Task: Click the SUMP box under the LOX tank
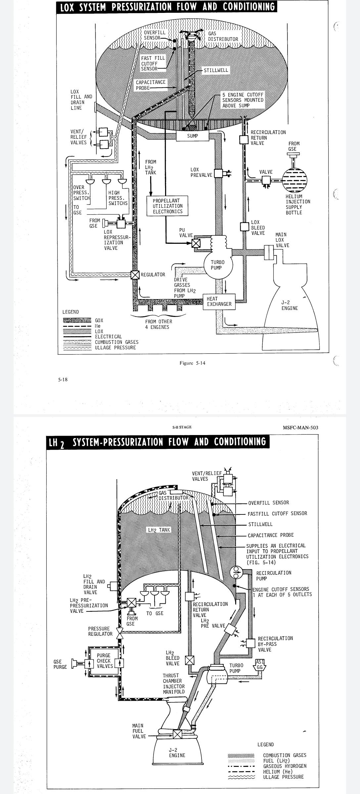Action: coord(192,136)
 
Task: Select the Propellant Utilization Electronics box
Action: coord(167,206)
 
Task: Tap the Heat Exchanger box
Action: coord(219,301)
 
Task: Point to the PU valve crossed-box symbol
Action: coord(196,243)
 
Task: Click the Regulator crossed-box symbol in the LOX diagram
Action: coord(135,275)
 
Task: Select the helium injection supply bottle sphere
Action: coord(294,180)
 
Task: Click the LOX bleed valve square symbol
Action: coord(244,227)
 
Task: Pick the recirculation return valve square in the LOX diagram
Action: coord(244,139)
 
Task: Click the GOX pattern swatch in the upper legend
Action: coord(77,320)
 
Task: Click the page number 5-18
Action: coord(63,379)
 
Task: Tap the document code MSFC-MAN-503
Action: coord(300,427)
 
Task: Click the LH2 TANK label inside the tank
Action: coord(159,530)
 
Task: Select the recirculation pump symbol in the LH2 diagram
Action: coord(236,572)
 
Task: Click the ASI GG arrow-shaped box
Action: coord(259,665)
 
